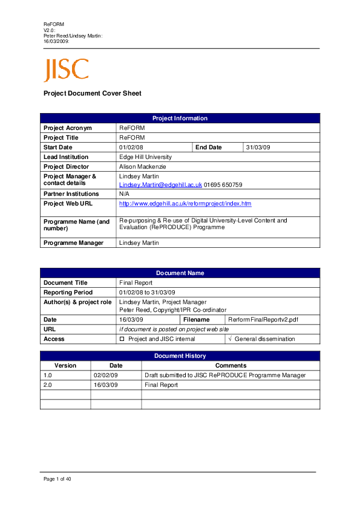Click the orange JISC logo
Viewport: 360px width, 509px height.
tap(66, 70)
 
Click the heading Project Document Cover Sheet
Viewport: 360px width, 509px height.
tap(92, 94)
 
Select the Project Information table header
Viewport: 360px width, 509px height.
tap(180, 118)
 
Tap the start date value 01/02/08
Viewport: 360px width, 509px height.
tap(131, 148)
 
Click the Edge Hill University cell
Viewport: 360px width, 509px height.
tap(145, 157)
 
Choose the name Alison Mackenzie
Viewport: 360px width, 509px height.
tap(142, 167)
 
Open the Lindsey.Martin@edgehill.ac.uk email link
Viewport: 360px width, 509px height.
tap(160, 184)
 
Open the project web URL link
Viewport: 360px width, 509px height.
tap(185, 204)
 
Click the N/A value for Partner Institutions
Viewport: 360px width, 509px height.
tap(125, 194)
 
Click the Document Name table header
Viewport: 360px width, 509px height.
tap(180, 273)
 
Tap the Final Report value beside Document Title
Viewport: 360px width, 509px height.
tap(136, 283)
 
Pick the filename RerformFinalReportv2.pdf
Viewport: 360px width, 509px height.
tap(263, 319)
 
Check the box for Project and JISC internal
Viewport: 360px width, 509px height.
tap(122, 339)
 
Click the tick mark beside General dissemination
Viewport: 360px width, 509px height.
tap(229, 339)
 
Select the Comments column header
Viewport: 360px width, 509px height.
tap(231, 366)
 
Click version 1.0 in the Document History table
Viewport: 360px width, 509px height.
tap(48, 375)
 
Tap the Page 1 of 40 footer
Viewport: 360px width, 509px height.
tap(57, 479)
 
